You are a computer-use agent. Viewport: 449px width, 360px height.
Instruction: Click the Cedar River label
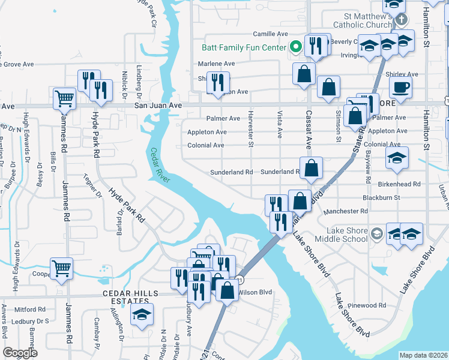coord(161,167)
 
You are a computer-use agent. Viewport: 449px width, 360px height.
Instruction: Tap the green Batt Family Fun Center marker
coord(295,46)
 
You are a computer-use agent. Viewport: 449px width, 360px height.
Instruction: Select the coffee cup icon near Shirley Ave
coord(400,86)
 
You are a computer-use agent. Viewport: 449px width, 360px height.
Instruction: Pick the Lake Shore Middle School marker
coord(376,233)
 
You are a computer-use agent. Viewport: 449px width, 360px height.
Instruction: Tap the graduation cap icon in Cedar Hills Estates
coord(142,314)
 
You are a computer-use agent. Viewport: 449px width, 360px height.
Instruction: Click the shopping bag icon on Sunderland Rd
coord(312,169)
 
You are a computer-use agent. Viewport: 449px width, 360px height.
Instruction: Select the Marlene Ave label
coord(217,64)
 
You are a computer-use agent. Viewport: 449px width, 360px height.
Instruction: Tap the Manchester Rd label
coord(345,211)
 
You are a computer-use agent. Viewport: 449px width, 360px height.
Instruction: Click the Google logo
coord(20,352)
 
